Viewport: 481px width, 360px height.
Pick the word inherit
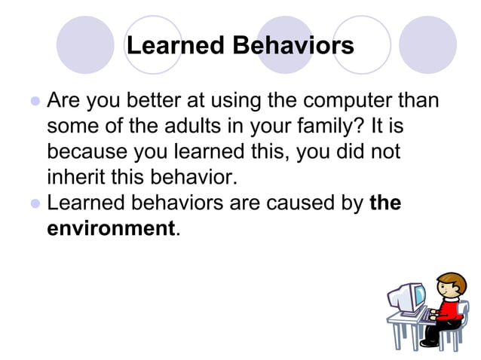click(x=74, y=178)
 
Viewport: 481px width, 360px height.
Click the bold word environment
click(x=111, y=228)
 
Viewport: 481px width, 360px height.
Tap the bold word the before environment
click(x=385, y=203)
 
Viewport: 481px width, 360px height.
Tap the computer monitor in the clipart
click(x=410, y=297)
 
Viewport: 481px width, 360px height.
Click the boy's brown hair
click(x=450, y=281)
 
